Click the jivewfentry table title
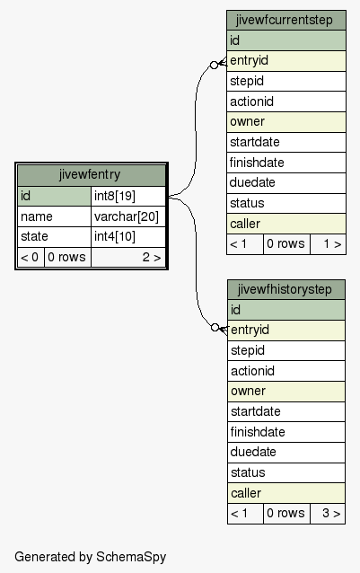coord(90,174)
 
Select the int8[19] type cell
coord(128,196)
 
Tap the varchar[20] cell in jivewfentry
coord(128,216)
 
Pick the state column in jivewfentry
coord(54,237)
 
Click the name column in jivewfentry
coord(54,216)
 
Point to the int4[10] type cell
coord(128,237)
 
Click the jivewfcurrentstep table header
coord(286,20)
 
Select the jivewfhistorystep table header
coord(286,290)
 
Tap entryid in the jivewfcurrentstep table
coord(286,61)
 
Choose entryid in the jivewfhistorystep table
coord(286,331)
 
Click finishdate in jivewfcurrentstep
coord(286,163)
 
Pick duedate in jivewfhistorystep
coord(286,453)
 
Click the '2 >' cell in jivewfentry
coord(128,257)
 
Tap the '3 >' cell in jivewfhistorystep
coord(328,514)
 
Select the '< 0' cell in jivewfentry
coord(31,257)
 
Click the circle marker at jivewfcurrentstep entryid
coord(215,65)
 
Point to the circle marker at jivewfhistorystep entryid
coord(215,328)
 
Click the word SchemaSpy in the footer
coord(131,557)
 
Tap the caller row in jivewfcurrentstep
coord(286,224)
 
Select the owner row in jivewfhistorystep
coord(286,392)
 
